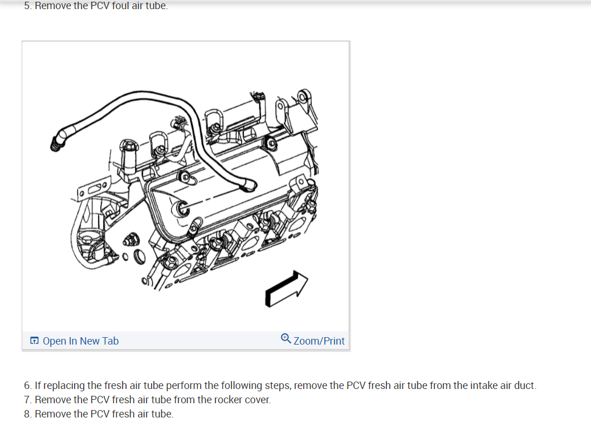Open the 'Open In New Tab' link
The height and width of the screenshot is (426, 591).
(80, 341)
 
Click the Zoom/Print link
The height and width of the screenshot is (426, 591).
(319, 341)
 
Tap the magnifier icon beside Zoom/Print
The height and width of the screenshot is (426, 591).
(286, 339)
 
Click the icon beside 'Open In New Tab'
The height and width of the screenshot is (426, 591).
(34, 341)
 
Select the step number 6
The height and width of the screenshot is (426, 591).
(27, 386)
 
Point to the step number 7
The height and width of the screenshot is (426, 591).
(27, 400)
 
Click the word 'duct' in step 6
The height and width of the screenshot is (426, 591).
(525, 386)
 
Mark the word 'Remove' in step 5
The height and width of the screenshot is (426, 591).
(53, 6)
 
